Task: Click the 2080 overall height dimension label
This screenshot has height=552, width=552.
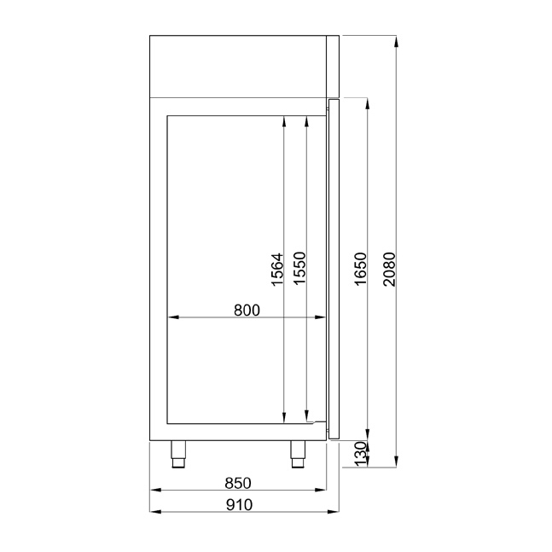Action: (390, 269)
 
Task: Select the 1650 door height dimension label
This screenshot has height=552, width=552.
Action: (361, 269)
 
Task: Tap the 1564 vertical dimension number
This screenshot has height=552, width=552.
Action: (277, 270)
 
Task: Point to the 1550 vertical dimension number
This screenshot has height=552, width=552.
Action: (299, 268)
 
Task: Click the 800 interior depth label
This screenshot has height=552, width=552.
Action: (247, 311)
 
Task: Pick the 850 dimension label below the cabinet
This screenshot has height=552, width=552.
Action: (238, 483)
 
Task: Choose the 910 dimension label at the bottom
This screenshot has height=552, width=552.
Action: (240, 505)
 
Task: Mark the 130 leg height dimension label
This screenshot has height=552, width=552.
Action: (361, 454)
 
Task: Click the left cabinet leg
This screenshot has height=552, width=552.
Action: (178, 454)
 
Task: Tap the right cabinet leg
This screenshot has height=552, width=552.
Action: (298, 454)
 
